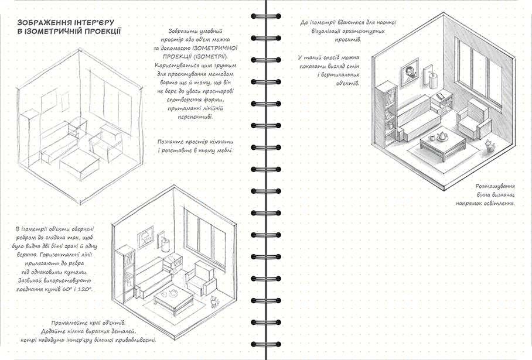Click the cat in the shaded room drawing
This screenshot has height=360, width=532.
[488, 146]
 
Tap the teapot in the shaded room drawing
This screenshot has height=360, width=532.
[441, 136]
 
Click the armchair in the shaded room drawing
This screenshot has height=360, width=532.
[473, 119]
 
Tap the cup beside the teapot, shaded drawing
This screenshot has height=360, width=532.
[432, 138]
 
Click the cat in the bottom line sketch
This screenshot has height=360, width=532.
[213, 301]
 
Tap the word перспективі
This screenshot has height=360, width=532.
[195, 116]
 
